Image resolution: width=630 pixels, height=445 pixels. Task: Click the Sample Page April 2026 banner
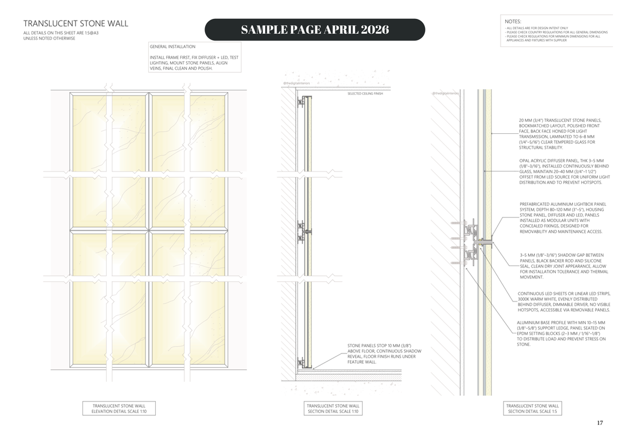314,30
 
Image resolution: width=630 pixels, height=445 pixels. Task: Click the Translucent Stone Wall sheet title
76,23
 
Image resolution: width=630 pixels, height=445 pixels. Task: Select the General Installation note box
194,57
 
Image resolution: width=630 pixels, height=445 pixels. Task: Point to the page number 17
600,423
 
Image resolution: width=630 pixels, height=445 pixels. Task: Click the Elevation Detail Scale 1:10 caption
119,408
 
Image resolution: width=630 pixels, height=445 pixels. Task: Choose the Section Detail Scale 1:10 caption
333,408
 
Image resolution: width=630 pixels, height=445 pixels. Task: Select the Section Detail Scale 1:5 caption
533,408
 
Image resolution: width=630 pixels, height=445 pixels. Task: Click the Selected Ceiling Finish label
365,93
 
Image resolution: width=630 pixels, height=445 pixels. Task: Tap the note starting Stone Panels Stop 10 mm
384,353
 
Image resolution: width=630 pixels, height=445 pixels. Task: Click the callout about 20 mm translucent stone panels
557,134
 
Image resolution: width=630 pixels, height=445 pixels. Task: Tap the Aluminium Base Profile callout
561,333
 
